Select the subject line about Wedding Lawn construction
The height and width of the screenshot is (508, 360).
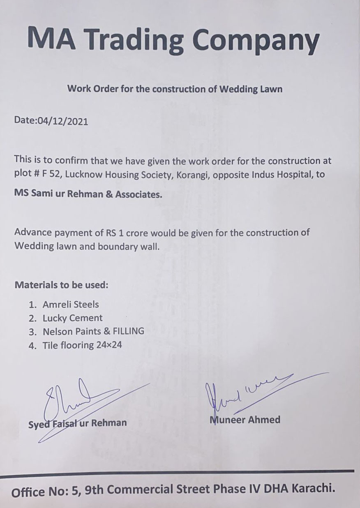click(175, 88)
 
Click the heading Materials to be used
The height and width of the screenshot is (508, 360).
click(61, 284)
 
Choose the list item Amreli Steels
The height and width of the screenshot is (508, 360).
click(70, 305)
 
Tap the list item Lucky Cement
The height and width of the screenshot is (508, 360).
click(72, 318)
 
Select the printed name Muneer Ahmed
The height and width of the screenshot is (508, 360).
click(245, 420)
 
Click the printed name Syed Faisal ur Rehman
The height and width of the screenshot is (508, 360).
click(77, 423)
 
